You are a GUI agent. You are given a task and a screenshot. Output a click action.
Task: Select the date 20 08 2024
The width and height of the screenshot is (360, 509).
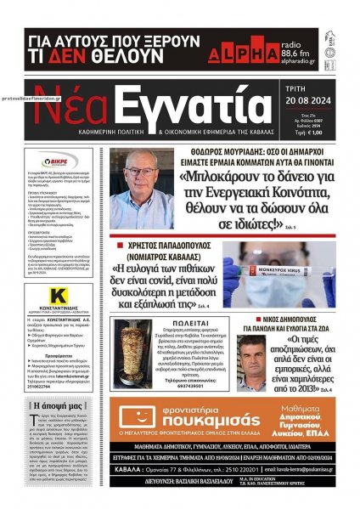[313, 104]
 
